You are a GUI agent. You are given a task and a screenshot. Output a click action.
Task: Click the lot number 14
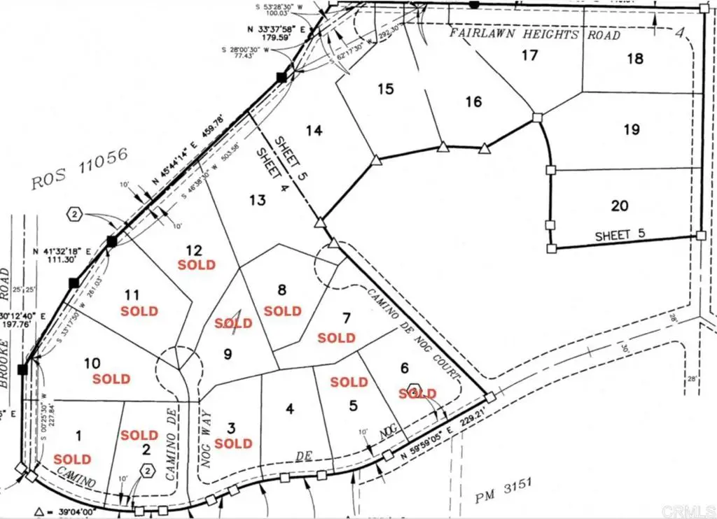point(314,131)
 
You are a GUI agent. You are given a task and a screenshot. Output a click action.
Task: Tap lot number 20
point(619,206)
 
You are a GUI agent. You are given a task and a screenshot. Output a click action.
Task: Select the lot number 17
point(529,55)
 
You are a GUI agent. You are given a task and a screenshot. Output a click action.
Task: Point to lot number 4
point(290,408)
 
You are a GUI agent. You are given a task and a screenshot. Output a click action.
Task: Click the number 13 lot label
point(257,201)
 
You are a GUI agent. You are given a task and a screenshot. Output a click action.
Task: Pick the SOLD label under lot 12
point(197,265)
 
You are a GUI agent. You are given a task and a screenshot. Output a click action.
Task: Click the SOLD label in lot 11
point(139,311)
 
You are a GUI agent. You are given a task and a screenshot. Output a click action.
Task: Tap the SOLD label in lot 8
point(283,311)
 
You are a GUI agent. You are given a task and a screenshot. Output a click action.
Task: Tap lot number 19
point(632,129)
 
